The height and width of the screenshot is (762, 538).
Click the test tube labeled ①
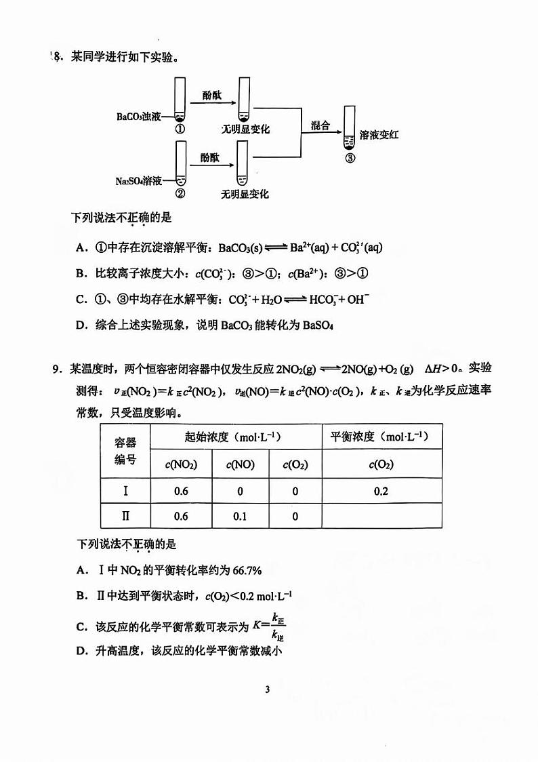point(180,99)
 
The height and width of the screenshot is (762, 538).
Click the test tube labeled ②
point(180,163)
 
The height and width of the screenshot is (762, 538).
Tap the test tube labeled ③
point(350,129)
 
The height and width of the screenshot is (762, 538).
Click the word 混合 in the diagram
point(320,125)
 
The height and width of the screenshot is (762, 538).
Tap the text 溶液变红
point(379,135)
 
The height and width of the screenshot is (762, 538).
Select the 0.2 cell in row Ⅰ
point(381,492)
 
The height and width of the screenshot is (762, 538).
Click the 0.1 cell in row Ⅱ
point(240,517)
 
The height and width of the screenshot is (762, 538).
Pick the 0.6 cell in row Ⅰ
point(181,492)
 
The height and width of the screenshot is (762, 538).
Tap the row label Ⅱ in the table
point(125,517)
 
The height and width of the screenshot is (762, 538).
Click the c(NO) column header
point(240,465)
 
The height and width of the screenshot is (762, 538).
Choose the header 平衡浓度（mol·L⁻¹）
point(381,437)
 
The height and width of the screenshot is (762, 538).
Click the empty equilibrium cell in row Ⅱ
point(381,517)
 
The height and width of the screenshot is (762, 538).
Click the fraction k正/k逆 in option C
point(276,626)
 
